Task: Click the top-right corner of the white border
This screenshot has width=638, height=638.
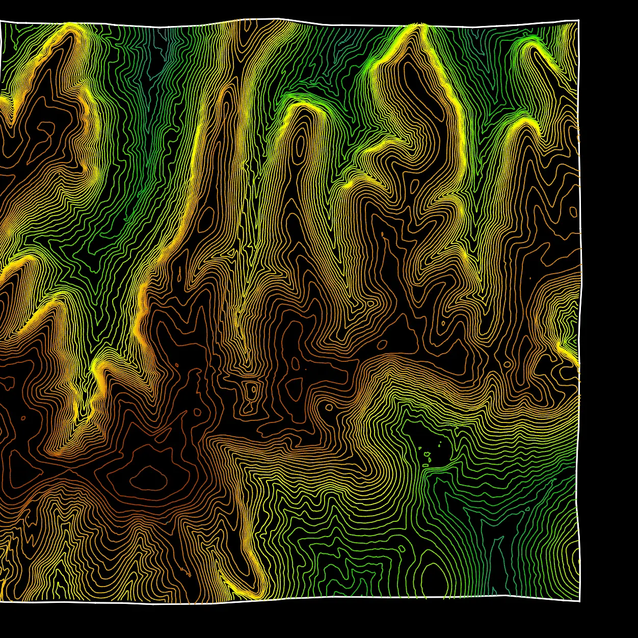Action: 578,20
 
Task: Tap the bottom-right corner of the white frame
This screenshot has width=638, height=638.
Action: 579,601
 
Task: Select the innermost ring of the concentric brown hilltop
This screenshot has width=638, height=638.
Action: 148,478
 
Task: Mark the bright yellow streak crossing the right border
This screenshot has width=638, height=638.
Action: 571,355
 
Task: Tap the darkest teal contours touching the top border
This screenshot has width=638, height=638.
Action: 163,31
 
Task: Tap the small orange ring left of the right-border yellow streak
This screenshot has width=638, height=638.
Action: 508,365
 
